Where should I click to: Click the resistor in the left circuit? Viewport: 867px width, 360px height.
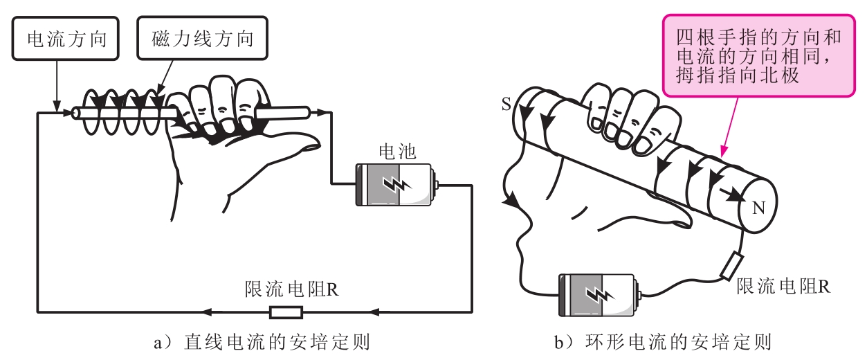pyautogui.click(x=286, y=312)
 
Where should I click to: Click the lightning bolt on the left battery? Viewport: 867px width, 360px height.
pyautogui.click(x=396, y=184)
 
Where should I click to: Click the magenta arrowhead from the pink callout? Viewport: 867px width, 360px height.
pyautogui.click(x=724, y=150)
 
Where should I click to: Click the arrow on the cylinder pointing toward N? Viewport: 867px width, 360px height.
pyautogui.click(x=733, y=196)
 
